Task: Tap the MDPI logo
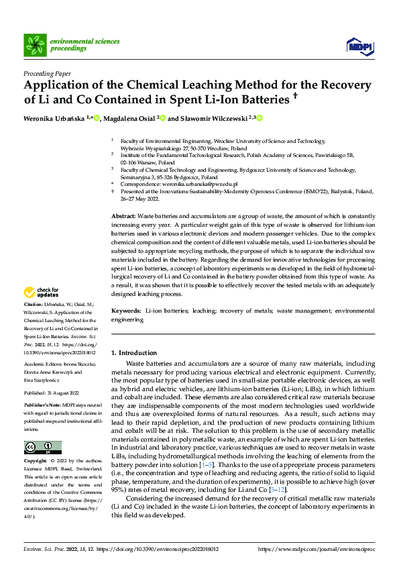pos(360,45)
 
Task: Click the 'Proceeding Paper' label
pos(47,74)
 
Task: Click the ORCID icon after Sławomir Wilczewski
pos(259,119)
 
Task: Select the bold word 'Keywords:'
pos(126,312)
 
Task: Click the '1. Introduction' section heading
pos(134,353)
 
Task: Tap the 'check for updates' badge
pos(42,293)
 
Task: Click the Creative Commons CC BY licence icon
pos(42,448)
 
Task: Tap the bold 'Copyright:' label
pos(36,462)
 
